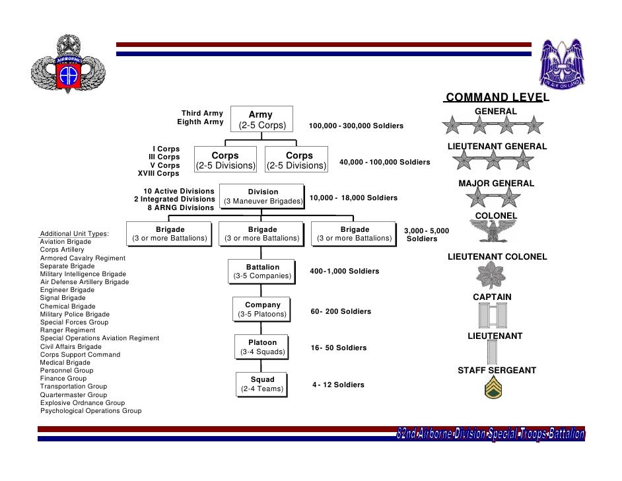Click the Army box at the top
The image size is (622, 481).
pyautogui.click(x=260, y=120)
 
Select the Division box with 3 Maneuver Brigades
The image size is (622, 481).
pyautogui.click(x=263, y=196)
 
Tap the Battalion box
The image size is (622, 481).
pyautogui.click(x=262, y=271)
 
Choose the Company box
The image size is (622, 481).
pyautogui.click(x=262, y=309)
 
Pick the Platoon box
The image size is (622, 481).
pyautogui.click(x=262, y=347)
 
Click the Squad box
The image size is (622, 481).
pyautogui.click(x=262, y=384)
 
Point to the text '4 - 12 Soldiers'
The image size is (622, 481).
pyautogui.click(x=338, y=385)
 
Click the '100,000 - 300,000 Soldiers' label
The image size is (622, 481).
pyautogui.click(x=356, y=126)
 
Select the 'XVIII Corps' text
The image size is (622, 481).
pyautogui.click(x=158, y=174)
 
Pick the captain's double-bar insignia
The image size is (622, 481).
pyautogui.click(x=493, y=316)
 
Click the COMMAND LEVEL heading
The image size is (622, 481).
pyautogui.click(x=497, y=98)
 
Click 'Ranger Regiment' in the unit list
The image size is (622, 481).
pyautogui.click(x=67, y=330)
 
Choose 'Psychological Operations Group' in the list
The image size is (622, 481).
pyautogui.click(x=91, y=411)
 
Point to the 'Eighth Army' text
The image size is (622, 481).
pyautogui.click(x=201, y=122)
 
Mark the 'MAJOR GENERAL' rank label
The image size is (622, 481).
pyautogui.click(x=497, y=183)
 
